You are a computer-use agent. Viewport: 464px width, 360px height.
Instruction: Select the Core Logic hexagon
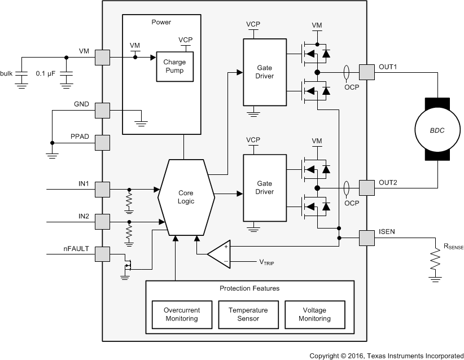pyautogui.click(x=186, y=196)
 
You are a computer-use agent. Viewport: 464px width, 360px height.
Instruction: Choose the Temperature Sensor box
pyautogui.click(x=248, y=314)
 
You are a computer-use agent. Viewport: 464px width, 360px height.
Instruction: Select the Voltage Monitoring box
pyautogui.click(x=314, y=314)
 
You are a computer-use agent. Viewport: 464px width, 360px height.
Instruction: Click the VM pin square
pyautogui.click(x=102, y=57)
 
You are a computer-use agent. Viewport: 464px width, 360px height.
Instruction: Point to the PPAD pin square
pyautogui.click(x=102, y=142)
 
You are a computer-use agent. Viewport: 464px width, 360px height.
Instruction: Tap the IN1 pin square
pyautogui.click(x=102, y=189)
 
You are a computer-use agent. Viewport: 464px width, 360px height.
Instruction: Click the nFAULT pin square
pyautogui.click(x=102, y=254)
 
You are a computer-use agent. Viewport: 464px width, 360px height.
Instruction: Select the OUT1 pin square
pyautogui.click(x=367, y=72)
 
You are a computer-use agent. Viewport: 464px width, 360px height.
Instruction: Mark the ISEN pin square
pyautogui.click(x=367, y=238)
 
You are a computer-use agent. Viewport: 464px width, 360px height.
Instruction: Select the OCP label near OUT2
pyautogui.click(x=352, y=203)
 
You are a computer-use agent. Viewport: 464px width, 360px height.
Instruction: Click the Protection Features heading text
pyautogui.click(x=249, y=288)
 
